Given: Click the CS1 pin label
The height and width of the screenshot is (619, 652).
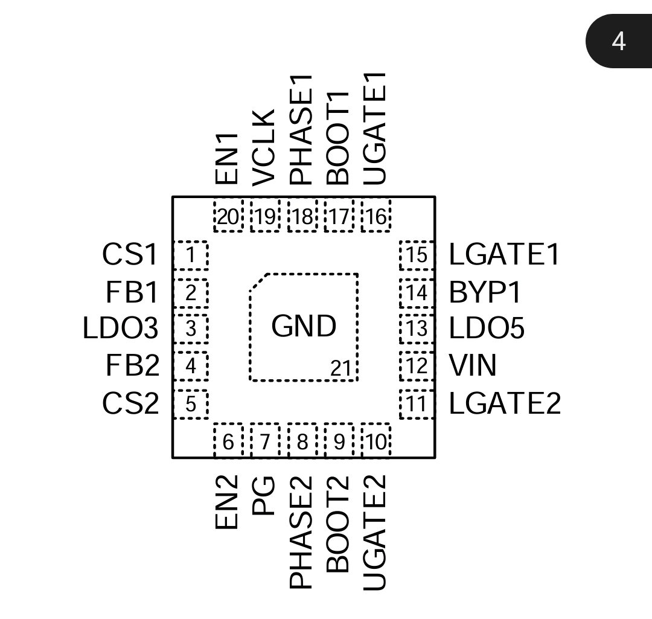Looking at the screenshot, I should click(x=129, y=255).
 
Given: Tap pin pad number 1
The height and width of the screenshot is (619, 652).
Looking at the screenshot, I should click(x=191, y=255).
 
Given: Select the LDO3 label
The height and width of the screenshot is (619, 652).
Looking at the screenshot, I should click(x=120, y=329).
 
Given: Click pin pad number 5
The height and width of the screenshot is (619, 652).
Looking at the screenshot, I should click(x=191, y=404).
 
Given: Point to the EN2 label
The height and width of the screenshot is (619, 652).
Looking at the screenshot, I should click(x=228, y=502).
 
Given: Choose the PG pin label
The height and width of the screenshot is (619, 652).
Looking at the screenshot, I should click(x=264, y=495).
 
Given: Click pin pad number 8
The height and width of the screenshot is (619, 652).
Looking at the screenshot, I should click(x=302, y=441).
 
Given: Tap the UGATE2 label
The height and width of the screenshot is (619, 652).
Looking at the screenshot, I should click(x=376, y=532).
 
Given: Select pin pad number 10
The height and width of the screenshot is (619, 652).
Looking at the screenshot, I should click(x=376, y=441).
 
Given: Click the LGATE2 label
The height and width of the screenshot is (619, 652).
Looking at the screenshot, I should click(x=505, y=403).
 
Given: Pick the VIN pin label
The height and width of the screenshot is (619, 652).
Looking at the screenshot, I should click(x=473, y=366).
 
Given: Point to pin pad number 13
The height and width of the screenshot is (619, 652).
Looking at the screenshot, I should click(x=417, y=329).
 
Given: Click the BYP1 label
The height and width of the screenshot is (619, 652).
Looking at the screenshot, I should click(x=485, y=293).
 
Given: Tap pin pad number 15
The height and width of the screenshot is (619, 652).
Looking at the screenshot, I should click(x=417, y=255).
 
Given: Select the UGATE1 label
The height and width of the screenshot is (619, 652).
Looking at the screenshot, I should click(x=376, y=129).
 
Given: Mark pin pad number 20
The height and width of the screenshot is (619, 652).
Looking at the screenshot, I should click(x=228, y=216).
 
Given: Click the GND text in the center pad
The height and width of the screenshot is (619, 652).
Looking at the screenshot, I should click(x=303, y=326).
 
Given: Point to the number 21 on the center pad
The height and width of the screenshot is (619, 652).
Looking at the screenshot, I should click(x=340, y=368).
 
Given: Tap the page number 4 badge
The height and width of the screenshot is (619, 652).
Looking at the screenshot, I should click(x=619, y=41).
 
